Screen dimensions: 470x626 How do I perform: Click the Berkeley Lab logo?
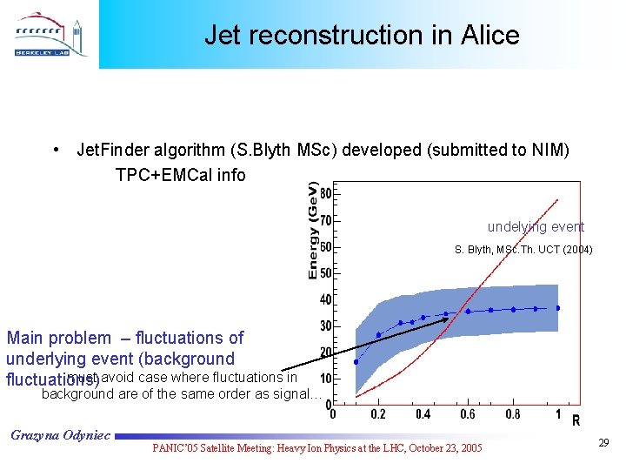click(x=50, y=34)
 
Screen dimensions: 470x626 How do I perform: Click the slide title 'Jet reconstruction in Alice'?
click(x=362, y=35)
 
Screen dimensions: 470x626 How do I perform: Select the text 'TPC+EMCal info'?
click(x=180, y=175)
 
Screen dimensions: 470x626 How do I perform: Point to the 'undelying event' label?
click(x=536, y=227)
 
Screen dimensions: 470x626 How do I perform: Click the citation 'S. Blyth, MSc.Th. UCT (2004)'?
click(x=523, y=250)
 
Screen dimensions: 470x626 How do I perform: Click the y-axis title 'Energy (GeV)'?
click(x=313, y=231)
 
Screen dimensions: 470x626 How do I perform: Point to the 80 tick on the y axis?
click(x=325, y=193)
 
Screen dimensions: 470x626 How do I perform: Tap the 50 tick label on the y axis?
click(x=325, y=273)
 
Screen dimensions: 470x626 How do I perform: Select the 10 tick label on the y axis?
click(x=325, y=379)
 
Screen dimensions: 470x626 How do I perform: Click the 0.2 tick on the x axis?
click(x=377, y=414)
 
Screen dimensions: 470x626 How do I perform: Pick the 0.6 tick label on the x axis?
click(x=468, y=414)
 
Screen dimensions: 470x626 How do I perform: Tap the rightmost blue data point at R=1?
click(x=557, y=308)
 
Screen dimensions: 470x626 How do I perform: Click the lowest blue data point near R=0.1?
click(x=356, y=362)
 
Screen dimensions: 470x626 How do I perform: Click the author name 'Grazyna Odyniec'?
click(x=60, y=435)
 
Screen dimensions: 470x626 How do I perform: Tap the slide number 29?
click(x=603, y=444)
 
